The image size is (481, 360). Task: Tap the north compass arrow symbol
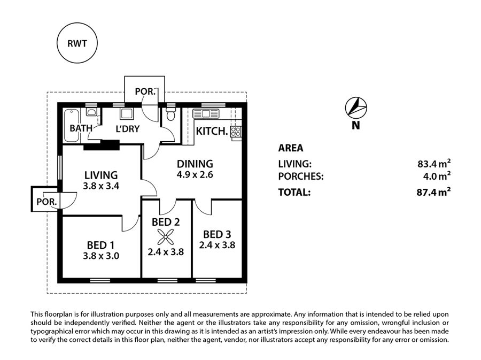tap(355, 108)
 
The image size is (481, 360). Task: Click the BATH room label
tap(81, 128)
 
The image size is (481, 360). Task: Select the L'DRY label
tap(127, 128)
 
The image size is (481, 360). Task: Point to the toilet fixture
tap(171, 114)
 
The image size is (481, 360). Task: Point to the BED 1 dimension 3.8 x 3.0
tap(100, 256)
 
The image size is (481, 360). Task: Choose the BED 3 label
tap(217, 234)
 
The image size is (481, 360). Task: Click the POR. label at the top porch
tap(144, 91)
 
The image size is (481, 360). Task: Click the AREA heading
tap(290, 148)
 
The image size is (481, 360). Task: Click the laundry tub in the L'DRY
tap(127, 113)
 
